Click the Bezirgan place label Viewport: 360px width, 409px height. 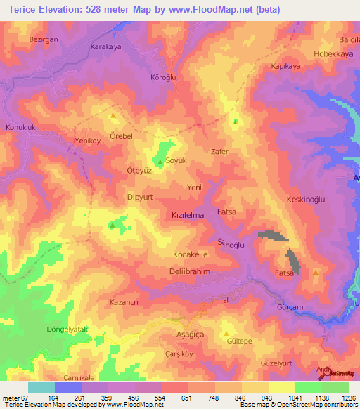click(x=42, y=40)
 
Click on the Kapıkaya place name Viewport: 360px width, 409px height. click(x=285, y=67)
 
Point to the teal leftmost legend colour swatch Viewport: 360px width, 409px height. click(x=41, y=387)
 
